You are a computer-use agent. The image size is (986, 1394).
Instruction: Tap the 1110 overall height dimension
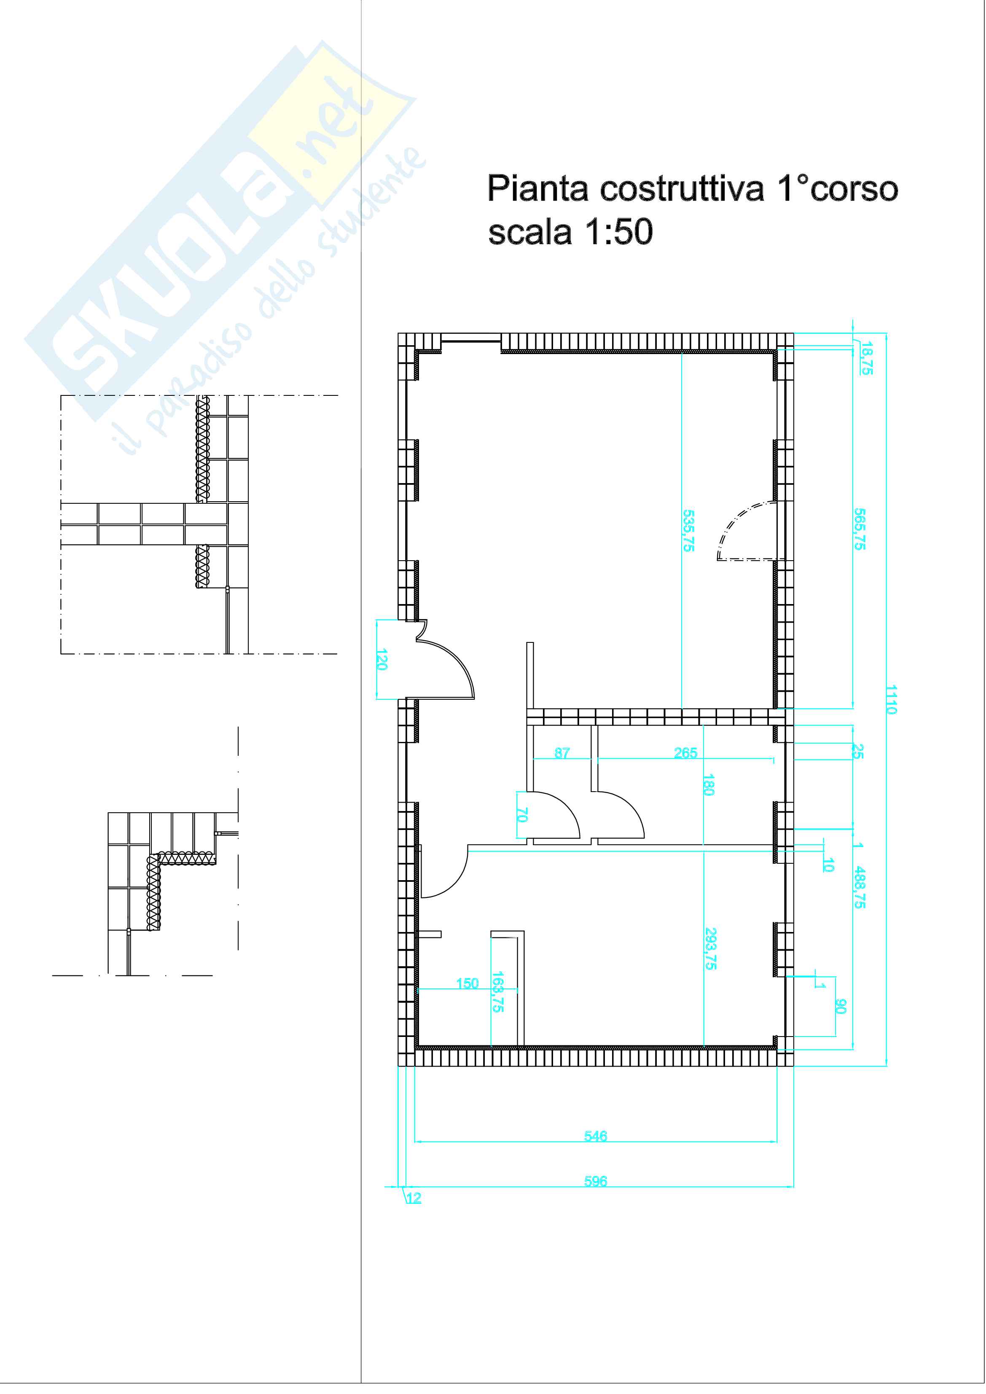click(x=891, y=699)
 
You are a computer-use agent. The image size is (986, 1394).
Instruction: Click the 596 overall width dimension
click(x=596, y=1181)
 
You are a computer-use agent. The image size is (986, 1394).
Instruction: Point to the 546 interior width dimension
click(x=596, y=1135)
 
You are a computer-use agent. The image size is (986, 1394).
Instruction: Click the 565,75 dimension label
click(x=860, y=529)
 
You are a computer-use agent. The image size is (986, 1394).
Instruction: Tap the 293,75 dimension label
click(x=710, y=948)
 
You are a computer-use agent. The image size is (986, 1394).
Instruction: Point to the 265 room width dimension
click(x=685, y=753)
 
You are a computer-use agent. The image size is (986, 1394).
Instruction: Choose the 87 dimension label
click(x=562, y=753)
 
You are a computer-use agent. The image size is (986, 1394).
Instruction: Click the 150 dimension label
click(x=467, y=983)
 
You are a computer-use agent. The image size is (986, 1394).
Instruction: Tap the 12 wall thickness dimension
click(x=414, y=1198)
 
